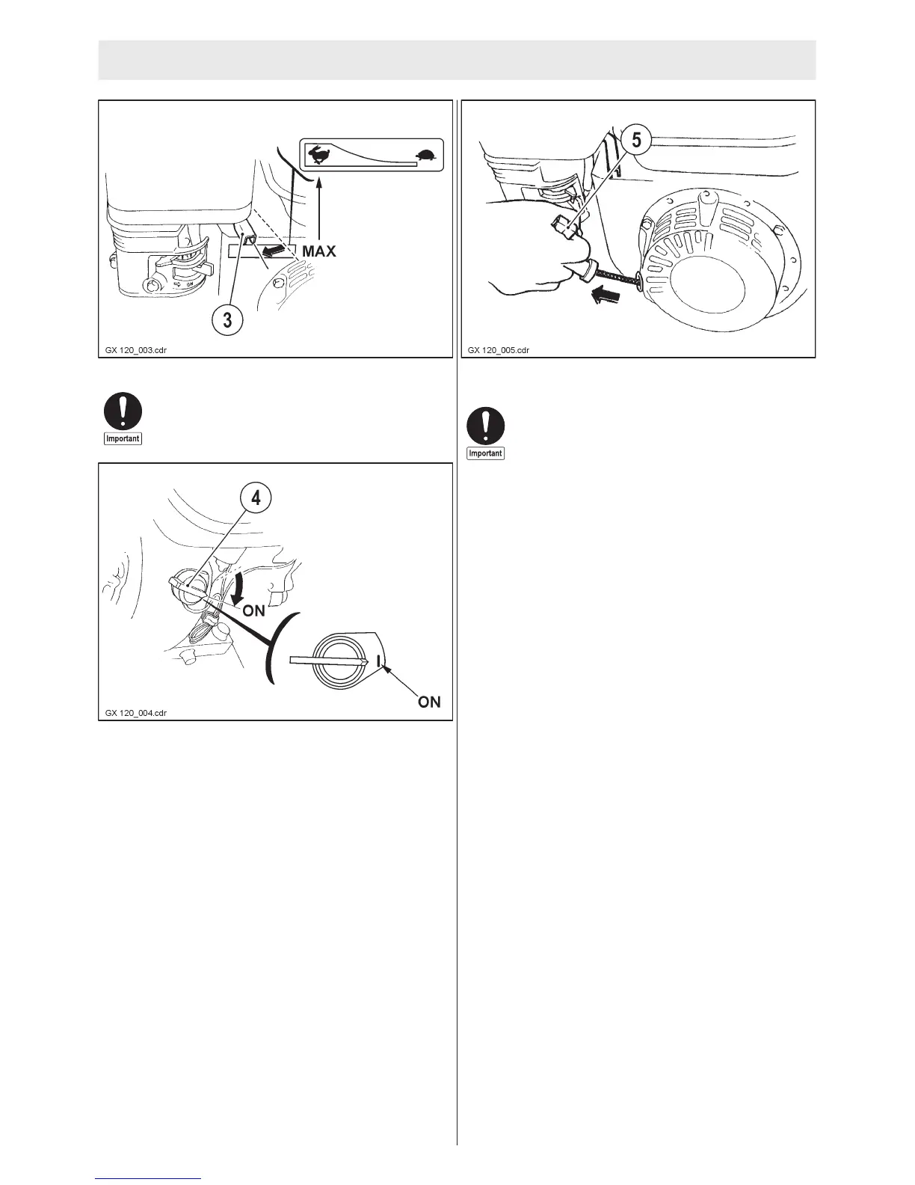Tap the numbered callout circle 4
(256, 497)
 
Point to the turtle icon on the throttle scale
(427, 156)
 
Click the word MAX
(319, 251)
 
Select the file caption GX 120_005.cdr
(499, 349)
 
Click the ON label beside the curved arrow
(254, 610)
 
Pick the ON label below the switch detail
(429, 702)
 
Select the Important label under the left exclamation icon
(123, 438)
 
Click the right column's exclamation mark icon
(485, 426)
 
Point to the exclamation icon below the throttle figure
(123, 411)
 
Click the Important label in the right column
(485, 453)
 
